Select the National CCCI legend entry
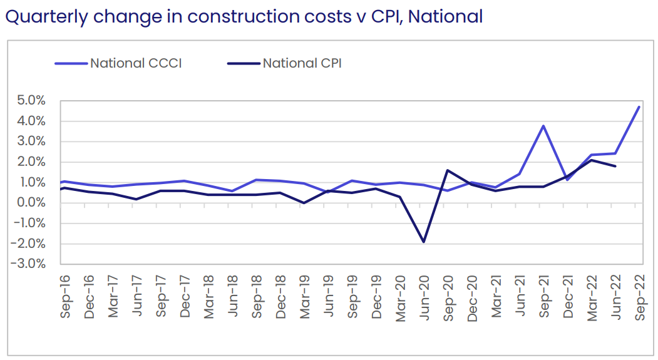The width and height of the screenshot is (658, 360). point(135,63)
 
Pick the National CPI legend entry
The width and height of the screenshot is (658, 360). point(301,63)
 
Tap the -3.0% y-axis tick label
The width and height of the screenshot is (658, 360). point(28,264)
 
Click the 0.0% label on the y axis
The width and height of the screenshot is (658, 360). point(29,203)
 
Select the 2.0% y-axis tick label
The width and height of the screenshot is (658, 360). point(29,162)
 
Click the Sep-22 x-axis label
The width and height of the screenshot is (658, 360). point(640,297)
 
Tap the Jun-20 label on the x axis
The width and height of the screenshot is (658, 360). point(424,297)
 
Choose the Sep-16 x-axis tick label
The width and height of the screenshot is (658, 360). point(65,297)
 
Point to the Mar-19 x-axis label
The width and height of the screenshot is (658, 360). point(305,297)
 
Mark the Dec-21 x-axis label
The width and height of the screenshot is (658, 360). point(568,297)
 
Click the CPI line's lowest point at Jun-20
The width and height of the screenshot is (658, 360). point(424,242)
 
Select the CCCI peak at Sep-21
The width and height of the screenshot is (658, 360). point(543,126)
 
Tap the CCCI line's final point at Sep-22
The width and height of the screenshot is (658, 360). point(639,106)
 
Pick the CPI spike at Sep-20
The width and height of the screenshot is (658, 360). point(448,170)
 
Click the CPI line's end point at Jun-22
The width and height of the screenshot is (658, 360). point(615,166)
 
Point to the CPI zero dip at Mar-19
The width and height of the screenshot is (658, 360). point(304,203)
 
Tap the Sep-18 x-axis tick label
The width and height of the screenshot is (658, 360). point(257,297)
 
